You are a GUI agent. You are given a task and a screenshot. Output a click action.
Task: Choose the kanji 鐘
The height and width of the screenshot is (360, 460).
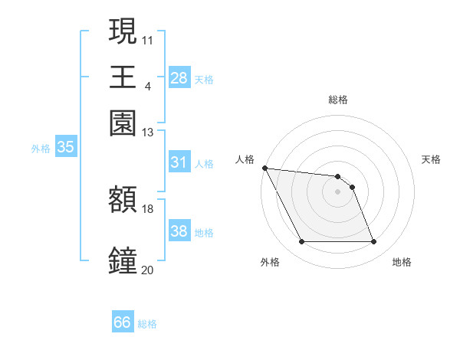123,260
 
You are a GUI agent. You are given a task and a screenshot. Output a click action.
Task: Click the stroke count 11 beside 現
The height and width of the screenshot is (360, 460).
148,38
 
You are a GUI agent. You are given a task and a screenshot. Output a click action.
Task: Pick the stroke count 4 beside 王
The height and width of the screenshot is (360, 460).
148,86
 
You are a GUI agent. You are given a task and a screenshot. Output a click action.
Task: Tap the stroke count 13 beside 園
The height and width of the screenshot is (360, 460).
148,133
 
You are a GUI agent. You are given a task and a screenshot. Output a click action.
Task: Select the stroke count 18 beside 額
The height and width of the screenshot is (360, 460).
148,208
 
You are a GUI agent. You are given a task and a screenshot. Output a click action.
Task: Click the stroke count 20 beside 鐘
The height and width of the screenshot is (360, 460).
148,270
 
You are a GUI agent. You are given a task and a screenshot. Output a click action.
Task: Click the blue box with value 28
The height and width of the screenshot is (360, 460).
179,77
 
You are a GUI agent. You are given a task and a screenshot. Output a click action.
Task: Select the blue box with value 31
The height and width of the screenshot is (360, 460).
179,162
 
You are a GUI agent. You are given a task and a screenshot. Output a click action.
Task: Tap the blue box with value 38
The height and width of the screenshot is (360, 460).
179,231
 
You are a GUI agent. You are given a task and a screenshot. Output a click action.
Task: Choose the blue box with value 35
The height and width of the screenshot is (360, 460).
65,148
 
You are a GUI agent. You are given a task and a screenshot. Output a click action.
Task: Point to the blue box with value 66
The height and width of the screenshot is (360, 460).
123,322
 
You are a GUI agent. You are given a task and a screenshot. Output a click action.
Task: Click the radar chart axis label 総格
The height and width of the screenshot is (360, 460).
338,100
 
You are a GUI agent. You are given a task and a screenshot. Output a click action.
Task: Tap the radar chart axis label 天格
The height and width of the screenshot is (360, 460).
431,159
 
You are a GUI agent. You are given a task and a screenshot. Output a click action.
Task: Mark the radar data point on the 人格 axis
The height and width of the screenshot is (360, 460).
264,168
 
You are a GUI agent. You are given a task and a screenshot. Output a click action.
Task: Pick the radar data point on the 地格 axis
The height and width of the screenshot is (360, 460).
373,242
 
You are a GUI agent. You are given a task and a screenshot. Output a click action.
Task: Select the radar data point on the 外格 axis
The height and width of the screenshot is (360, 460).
301,242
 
